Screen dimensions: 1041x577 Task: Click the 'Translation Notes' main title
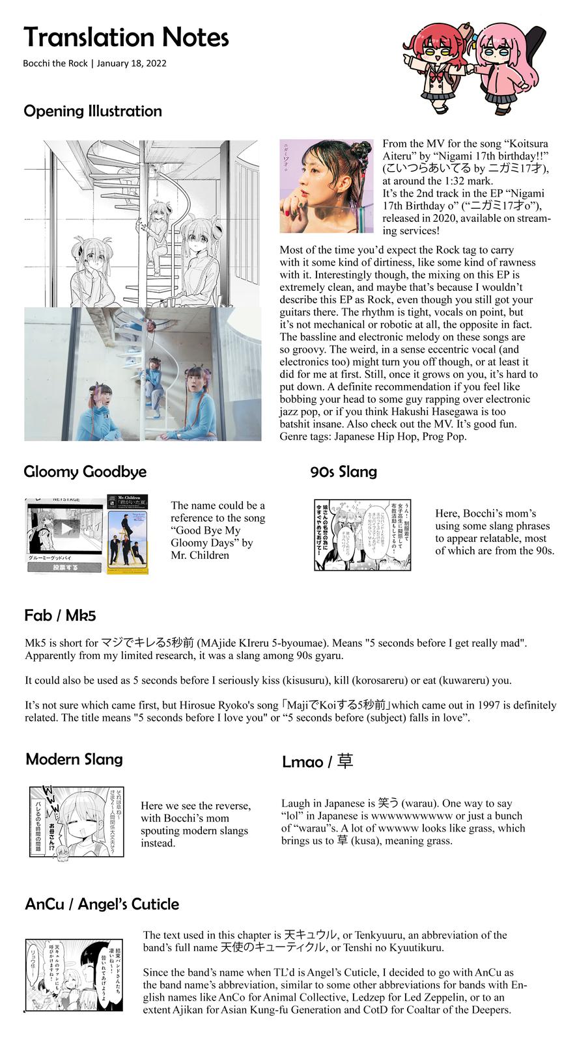126,38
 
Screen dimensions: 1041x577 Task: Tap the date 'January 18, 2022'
132,63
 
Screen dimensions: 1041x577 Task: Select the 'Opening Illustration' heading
92,111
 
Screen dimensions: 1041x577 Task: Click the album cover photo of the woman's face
326,186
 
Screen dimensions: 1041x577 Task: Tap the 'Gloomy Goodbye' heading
85,472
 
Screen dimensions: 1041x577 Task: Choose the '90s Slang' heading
344,472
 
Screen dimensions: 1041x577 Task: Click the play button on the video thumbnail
67,528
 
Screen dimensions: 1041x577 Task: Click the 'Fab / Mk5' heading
60,615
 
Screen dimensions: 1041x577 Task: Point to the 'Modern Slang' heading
74,759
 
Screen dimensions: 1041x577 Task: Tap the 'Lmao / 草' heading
317,761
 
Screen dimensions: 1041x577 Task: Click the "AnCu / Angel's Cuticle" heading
102,904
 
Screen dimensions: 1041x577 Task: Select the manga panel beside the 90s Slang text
362,535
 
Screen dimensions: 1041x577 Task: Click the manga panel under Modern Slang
76,822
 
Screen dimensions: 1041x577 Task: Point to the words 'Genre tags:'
305,437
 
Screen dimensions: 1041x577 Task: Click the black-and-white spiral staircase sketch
142,223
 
